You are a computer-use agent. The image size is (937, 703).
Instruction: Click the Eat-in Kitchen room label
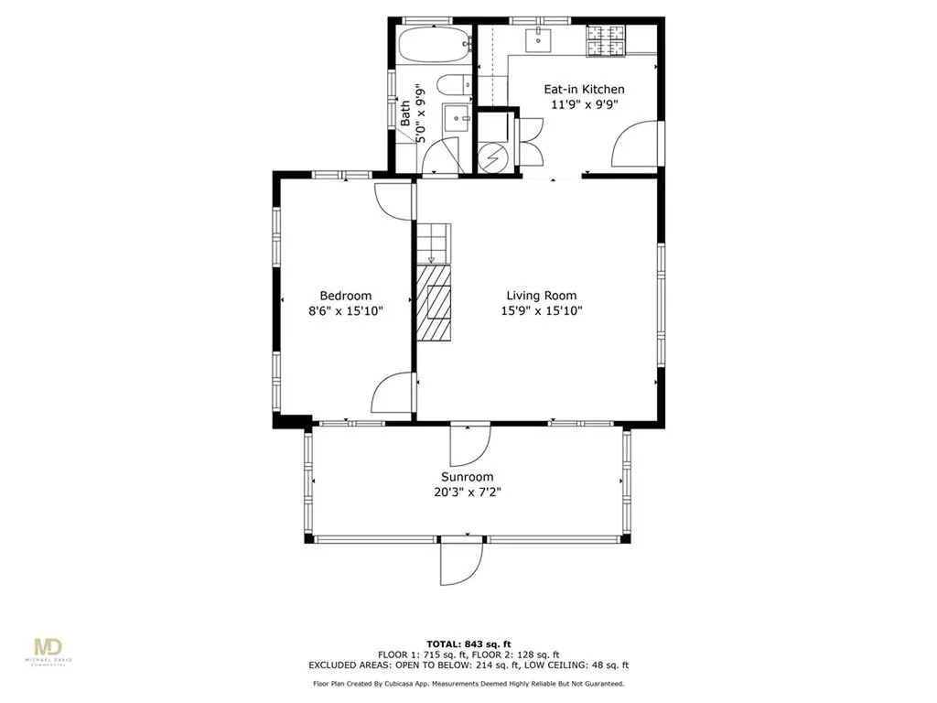coord(584,90)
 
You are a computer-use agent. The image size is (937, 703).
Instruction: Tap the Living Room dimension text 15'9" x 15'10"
coord(542,311)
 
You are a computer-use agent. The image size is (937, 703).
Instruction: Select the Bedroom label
coord(345,296)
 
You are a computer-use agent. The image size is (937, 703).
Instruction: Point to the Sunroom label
coord(468,477)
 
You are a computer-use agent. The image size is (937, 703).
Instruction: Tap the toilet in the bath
coord(454,85)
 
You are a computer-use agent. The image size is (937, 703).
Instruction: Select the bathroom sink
coord(458,120)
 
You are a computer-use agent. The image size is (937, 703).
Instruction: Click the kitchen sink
coord(539,39)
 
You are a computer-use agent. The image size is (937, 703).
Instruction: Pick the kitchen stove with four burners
coord(606,41)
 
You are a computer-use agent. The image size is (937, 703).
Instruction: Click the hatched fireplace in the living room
coord(434,303)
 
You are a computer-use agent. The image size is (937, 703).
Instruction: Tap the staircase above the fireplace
coord(432,243)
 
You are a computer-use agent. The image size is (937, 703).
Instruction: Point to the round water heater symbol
coord(493,157)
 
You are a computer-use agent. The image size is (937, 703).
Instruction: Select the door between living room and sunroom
coord(470,444)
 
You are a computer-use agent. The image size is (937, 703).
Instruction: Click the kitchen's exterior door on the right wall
coord(637,144)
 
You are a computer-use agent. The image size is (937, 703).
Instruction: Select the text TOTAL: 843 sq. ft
coord(468,644)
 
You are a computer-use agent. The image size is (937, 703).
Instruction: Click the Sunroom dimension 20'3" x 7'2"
coord(468,492)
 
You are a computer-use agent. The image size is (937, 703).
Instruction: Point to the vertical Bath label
coord(405,114)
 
